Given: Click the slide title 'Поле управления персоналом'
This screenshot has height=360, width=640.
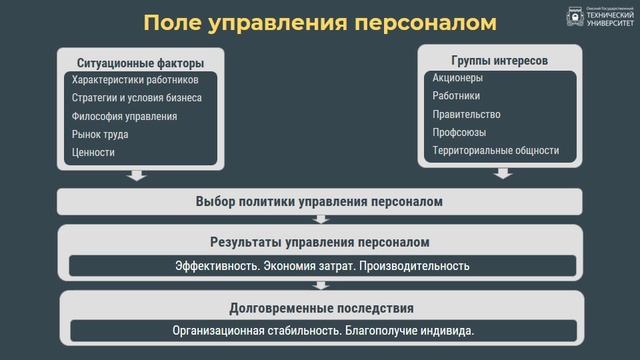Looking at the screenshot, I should click(319, 23).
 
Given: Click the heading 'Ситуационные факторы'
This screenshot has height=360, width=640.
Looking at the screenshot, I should click(134, 62).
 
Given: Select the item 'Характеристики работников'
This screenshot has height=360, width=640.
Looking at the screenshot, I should click(135, 80).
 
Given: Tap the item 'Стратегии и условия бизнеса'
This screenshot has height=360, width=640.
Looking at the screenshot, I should click(137, 98).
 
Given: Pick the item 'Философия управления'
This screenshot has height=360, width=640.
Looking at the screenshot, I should click(125, 116).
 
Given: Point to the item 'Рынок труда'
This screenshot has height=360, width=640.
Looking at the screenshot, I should click(100, 134).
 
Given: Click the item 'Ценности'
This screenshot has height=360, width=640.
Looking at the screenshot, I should click(94, 152).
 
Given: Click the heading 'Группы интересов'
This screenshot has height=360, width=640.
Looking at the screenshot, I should click(499, 60).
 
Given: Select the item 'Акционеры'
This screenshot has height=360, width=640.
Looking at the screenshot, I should click(458, 78).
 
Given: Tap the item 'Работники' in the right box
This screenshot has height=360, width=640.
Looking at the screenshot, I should click(457, 96).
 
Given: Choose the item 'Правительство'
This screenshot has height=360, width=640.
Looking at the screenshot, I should click(467, 114).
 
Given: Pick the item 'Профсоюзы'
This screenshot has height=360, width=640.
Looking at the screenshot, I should click(460, 132).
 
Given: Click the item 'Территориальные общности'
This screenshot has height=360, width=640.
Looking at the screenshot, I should click(496, 150).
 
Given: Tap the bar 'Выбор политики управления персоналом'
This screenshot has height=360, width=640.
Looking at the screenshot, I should click(319, 201).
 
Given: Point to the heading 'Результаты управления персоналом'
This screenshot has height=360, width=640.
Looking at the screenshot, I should click(319, 242).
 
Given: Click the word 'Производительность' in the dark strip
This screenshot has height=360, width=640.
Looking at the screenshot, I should click(413, 266).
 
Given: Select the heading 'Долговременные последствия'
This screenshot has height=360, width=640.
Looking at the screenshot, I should click(321, 308).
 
